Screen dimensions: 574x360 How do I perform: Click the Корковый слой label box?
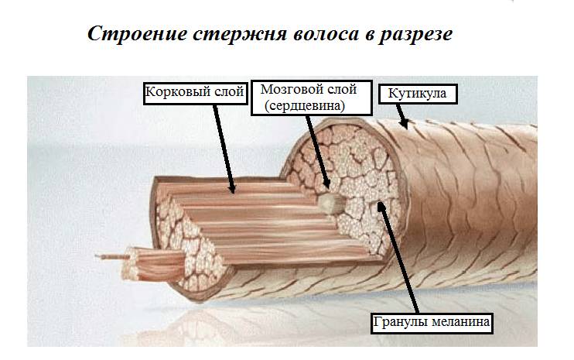(195, 94)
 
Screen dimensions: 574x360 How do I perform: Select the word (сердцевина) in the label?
(305, 106)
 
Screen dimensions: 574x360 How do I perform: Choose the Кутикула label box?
(417, 94)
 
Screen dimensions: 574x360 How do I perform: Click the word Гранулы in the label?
(401, 322)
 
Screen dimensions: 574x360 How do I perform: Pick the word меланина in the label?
(460, 322)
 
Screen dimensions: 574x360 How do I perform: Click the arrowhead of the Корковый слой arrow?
(232, 189)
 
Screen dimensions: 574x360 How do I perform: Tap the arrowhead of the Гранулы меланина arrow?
(381, 204)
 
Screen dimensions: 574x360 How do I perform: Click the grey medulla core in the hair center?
(330, 204)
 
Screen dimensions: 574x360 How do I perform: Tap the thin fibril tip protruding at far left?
(96, 256)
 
